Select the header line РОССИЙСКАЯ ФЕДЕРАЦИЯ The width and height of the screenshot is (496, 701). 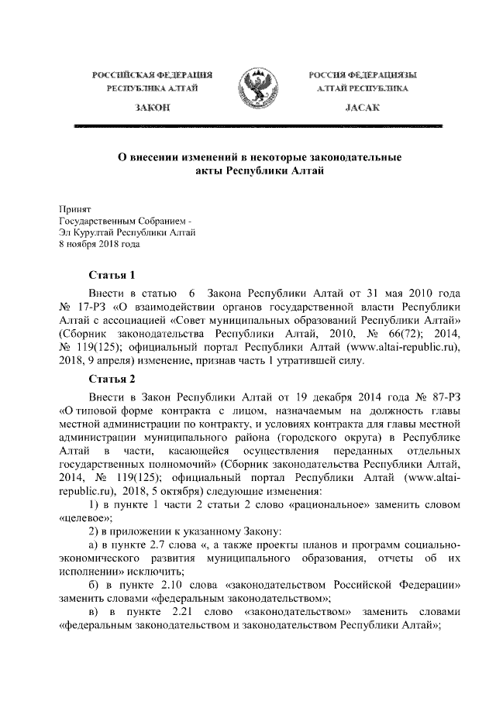[152, 75]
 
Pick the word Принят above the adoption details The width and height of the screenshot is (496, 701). [75, 208]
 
